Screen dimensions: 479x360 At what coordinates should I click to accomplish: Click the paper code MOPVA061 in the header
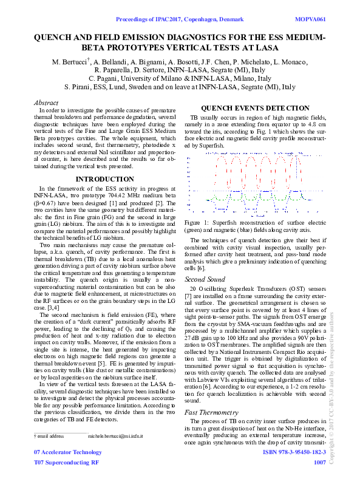(x=310, y=20)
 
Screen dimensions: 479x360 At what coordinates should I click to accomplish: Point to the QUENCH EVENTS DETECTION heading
(x=251, y=107)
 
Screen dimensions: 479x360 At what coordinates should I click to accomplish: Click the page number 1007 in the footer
(x=320, y=462)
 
